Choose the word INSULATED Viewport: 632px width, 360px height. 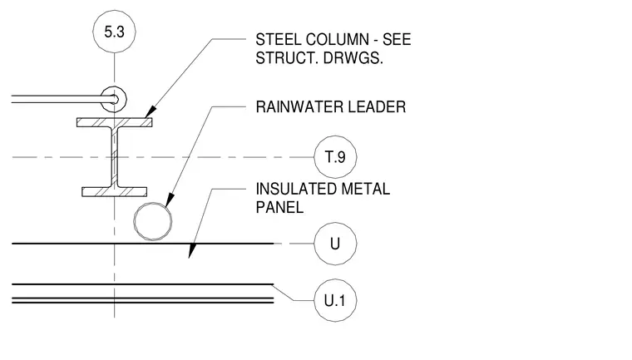pyautogui.click(x=296, y=189)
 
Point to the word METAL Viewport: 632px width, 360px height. pyautogui.click(x=366, y=189)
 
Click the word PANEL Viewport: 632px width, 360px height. pyautogui.click(x=279, y=207)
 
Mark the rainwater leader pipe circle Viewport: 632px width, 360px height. pyautogui.click(x=153, y=202)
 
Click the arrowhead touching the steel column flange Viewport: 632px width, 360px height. pyautogui.click(x=151, y=111)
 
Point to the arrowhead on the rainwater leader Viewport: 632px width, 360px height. pyautogui.click(x=170, y=200)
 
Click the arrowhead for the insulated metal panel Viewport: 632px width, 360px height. pyautogui.click(x=193, y=250)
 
